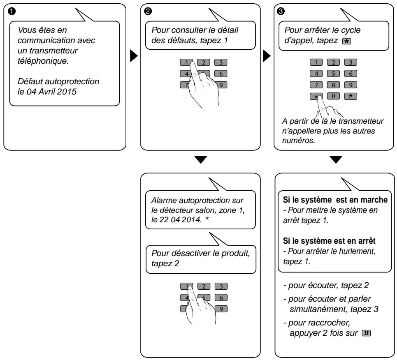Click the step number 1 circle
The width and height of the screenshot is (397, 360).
(x=12, y=11)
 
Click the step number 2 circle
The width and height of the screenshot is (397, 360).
(x=148, y=11)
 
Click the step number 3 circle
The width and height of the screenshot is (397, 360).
(x=281, y=11)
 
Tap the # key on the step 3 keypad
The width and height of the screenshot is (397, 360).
(x=351, y=96)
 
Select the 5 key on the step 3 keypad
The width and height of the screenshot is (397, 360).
(x=333, y=74)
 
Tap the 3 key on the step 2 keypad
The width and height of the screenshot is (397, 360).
(x=221, y=62)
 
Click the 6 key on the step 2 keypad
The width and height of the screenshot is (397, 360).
(x=221, y=74)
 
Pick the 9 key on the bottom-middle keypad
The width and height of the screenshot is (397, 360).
(x=221, y=309)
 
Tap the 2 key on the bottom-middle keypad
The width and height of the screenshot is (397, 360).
(x=204, y=286)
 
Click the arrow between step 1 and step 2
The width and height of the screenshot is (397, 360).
(x=134, y=56)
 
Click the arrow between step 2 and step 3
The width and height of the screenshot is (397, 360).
(x=267, y=56)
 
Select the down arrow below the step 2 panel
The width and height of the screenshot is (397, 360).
(x=201, y=160)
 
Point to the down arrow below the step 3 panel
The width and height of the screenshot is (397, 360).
(x=336, y=160)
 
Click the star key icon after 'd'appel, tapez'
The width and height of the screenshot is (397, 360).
(x=346, y=41)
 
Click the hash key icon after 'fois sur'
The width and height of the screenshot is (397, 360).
(x=366, y=333)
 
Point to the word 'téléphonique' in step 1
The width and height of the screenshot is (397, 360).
(x=43, y=61)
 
